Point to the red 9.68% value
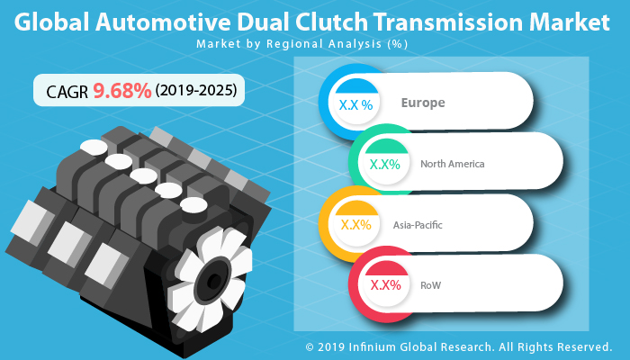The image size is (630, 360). pyautogui.click(x=122, y=91)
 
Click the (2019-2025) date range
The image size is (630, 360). pyautogui.click(x=197, y=91)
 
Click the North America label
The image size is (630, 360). pyautogui.click(x=452, y=164)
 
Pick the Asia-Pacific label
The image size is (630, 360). pyautogui.click(x=418, y=224)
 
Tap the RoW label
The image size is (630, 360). pyautogui.click(x=430, y=284)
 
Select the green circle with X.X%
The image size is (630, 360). pyautogui.click(x=384, y=165)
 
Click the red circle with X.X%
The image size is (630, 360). pyautogui.click(x=385, y=284)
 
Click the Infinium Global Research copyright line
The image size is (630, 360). pyautogui.click(x=459, y=346)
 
